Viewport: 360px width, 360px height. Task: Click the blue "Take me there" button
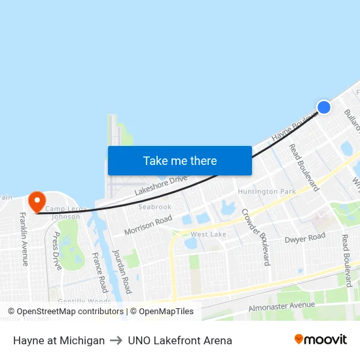(x=179, y=160)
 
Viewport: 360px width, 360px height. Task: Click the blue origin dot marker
(x=323, y=107)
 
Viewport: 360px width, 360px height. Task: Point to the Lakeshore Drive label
(x=161, y=185)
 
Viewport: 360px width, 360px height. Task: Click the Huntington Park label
(x=266, y=191)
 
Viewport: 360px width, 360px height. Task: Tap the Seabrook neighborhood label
(x=154, y=207)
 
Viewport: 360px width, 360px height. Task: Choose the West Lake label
(x=208, y=234)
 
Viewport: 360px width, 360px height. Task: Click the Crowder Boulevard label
(x=255, y=236)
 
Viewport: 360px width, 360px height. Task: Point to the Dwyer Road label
(x=304, y=238)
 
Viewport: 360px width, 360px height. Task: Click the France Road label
(x=99, y=272)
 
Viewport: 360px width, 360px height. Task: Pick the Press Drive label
(x=56, y=251)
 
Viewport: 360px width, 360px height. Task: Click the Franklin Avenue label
(x=24, y=239)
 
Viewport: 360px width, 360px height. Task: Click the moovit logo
(x=320, y=340)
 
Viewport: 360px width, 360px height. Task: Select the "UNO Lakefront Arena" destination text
(x=180, y=340)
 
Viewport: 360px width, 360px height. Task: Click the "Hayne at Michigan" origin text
(x=59, y=340)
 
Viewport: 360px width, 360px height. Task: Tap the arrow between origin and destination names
(x=117, y=340)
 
